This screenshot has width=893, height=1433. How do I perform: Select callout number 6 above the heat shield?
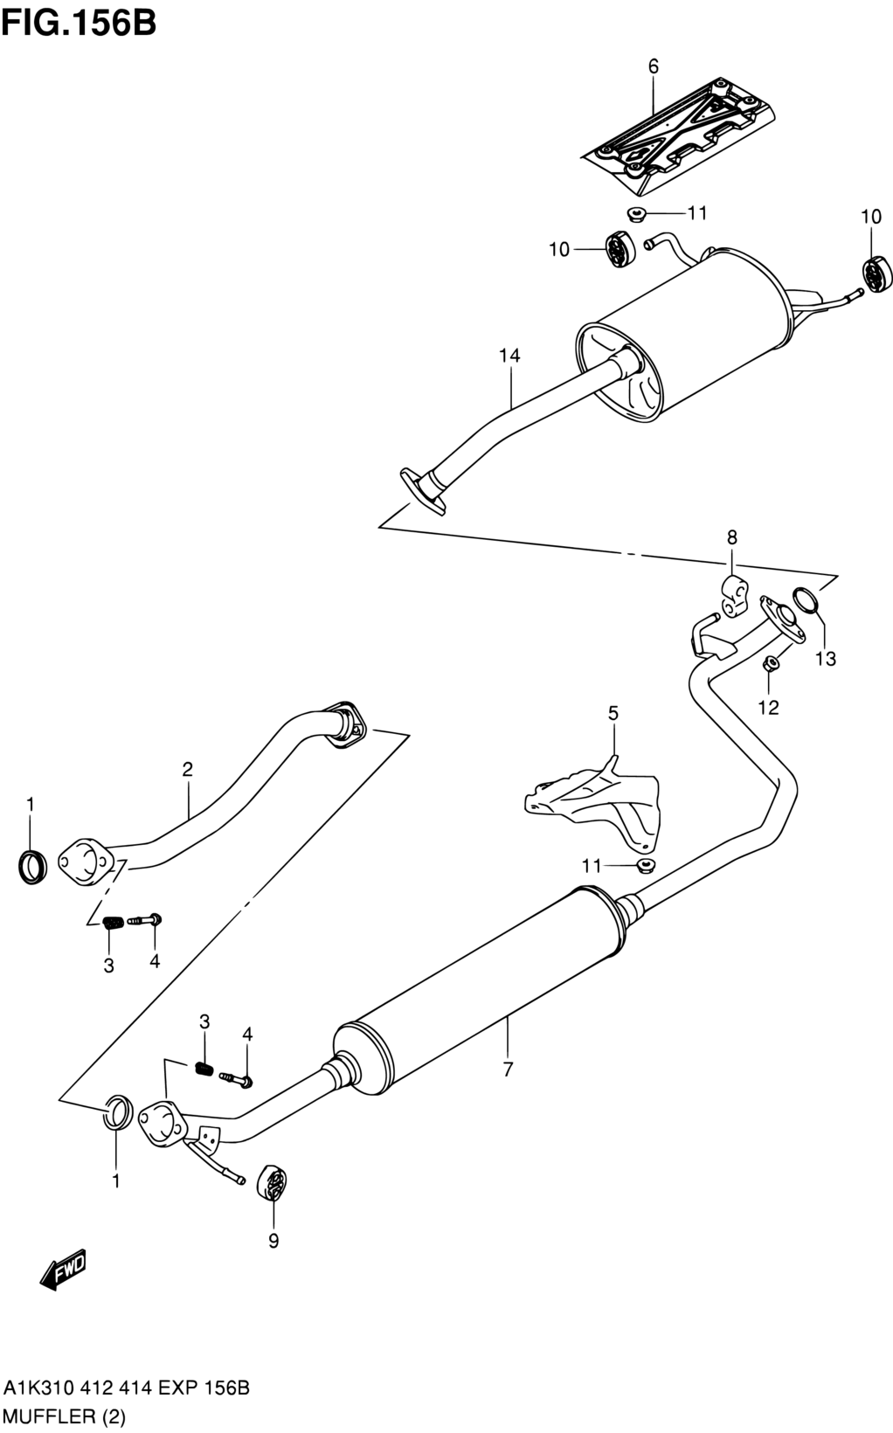pos(653,66)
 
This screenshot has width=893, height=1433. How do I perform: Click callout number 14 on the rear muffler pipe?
pos(509,355)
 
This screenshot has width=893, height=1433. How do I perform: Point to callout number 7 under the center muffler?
pos(508,1069)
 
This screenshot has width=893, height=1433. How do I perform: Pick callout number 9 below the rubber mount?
pos(273,1241)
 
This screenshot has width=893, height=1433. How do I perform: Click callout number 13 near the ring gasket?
pos(825,658)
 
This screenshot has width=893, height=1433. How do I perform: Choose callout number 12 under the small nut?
pos(768,708)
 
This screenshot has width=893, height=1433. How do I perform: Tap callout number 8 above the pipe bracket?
pos(732,537)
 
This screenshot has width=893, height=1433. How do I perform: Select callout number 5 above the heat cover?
pos(613,713)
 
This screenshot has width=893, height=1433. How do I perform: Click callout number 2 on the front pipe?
pos(188,769)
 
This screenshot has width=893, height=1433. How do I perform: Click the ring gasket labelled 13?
pos(806,599)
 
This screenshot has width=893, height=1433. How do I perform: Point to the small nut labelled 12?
pos(771,664)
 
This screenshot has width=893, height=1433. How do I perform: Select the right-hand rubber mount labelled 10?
pos(876,273)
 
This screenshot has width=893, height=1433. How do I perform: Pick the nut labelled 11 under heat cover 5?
pos(646,866)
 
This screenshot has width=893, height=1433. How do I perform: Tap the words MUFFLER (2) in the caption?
pos(65,1416)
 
